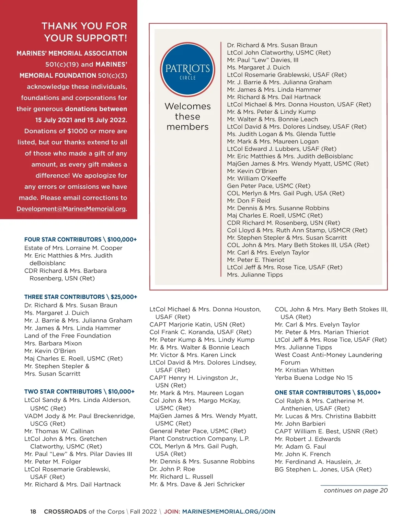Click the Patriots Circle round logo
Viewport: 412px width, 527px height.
pyautogui.click(x=187, y=69)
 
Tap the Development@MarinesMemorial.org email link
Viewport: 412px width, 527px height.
pyautogui.click(x=71, y=209)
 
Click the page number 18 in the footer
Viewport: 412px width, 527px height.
pyautogui.click(x=33, y=512)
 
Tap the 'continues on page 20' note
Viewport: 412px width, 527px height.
pyautogui.click(x=356, y=490)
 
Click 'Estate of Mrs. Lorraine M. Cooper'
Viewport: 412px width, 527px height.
pyautogui.click(x=73, y=248)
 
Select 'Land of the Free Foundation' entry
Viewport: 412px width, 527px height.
pyautogui.click(x=68, y=336)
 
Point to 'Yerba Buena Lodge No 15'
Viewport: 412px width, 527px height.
pyautogui.click(x=313, y=378)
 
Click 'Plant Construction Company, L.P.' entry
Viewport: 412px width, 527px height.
pyautogui.click(x=199, y=438)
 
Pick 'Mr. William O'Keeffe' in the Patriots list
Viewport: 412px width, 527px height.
pyautogui.click(x=256, y=179)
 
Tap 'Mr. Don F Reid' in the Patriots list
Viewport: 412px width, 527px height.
pyautogui.click(x=248, y=201)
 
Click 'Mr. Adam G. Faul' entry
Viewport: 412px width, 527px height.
pyautogui.click(x=300, y=446)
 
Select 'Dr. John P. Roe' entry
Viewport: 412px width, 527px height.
pyautogui.click(x=172, y=469)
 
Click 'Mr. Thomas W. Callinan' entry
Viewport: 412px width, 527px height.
pyautogui.click(x=59, y=431)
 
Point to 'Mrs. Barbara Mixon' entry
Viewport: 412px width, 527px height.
pyautogui.click(x=53, y=343)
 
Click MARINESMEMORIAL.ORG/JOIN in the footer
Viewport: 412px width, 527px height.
pyautogui.click(x=229, y=512)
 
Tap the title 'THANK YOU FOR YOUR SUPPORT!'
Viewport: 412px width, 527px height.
pyautogui.click(x=84, y=32)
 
